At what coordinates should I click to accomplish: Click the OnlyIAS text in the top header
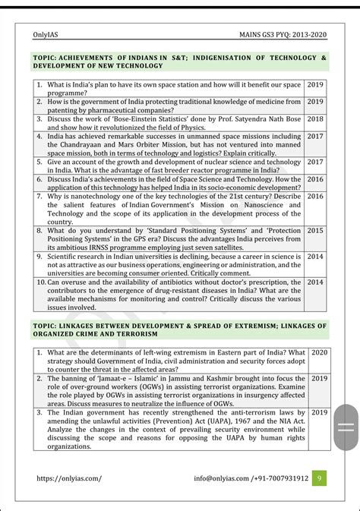coord(47,34)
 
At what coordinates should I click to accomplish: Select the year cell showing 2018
coord(315,118)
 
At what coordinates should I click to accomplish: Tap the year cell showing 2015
coord(315,230)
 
